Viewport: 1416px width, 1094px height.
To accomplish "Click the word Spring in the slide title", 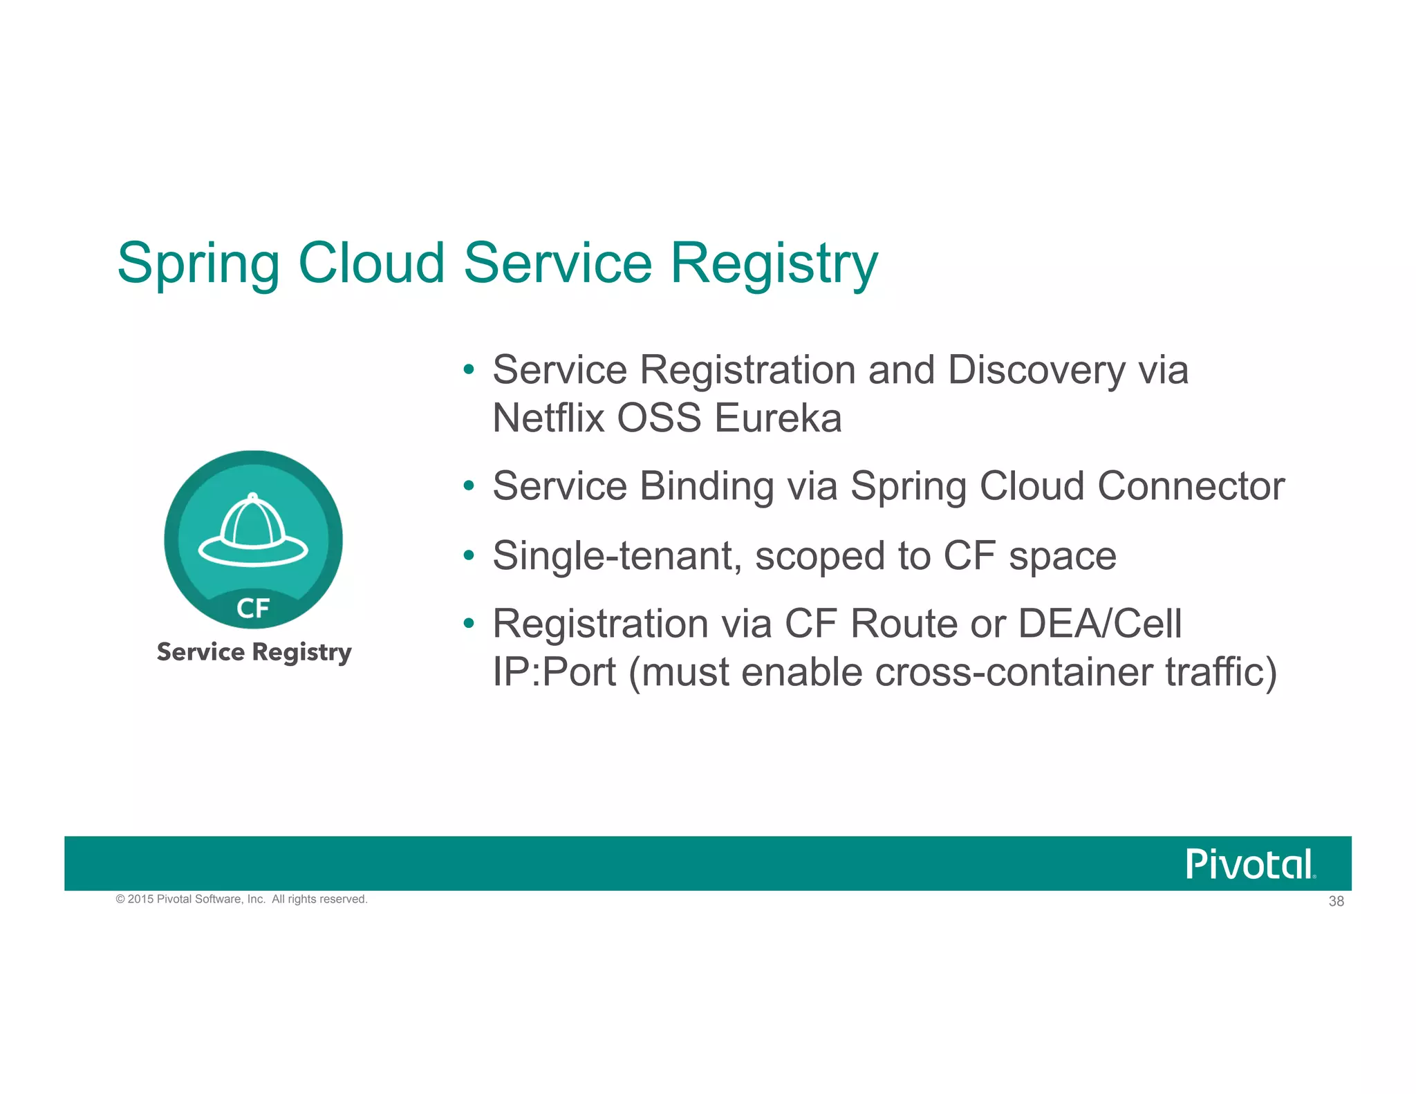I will [x=198, y=264].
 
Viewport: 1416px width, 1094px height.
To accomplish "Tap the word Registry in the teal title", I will [x=774, y=264].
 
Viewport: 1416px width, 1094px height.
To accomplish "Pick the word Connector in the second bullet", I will [x=1191, y=486].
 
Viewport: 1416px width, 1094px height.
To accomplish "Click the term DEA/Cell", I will [x=1100, y=624].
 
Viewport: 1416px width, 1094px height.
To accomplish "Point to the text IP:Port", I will [x=554, y=672].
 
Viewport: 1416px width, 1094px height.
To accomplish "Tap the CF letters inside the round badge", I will [x=253, y=609].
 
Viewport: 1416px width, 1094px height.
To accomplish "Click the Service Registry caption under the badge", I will [x=254, y=652].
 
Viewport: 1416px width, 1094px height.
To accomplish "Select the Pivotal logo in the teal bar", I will [x=1250, y=864].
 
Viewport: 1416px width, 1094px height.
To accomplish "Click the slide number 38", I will [x=1336, y=901].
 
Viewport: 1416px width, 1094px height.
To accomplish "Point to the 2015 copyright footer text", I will [x=241, y=899].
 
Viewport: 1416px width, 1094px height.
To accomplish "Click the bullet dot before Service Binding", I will [x=469, y=486].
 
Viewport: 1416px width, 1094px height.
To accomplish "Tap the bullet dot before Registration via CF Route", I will [x=469, y=624].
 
